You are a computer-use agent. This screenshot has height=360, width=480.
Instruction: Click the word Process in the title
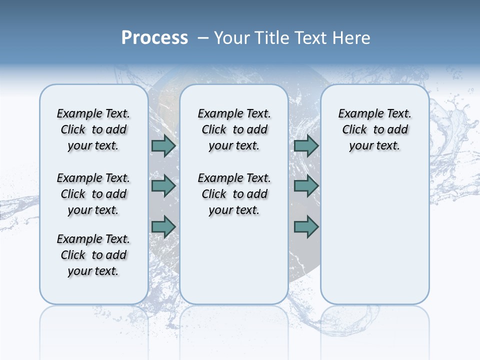154,37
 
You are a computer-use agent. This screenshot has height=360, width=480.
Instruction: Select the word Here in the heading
352,38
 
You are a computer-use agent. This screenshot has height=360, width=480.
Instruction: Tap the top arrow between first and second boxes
163,145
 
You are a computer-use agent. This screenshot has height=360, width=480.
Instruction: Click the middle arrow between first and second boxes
163,186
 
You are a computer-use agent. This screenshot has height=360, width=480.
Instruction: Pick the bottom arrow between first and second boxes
163,226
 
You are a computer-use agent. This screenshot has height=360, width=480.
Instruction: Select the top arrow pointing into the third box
306,145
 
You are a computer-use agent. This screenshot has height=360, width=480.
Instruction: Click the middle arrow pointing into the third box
306,186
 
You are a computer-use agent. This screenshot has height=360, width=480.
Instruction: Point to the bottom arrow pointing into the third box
306,226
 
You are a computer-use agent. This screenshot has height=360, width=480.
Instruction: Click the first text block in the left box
93,129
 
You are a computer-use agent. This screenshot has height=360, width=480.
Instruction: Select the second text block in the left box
93,194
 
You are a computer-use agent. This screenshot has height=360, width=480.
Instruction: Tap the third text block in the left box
93,255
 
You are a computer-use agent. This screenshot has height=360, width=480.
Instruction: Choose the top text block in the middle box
234,129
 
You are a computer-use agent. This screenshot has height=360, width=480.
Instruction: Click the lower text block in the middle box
234,194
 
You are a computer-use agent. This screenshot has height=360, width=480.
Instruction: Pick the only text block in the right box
374,129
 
